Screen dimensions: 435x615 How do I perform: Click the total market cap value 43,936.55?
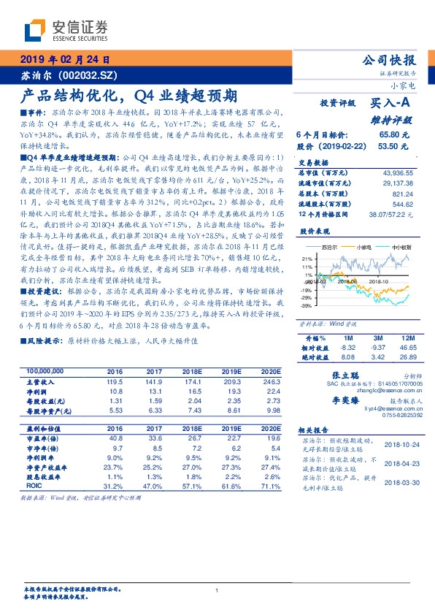(398, 172)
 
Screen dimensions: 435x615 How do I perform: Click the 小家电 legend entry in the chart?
(365, 248)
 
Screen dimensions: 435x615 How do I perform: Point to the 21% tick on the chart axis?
(307, 259)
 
